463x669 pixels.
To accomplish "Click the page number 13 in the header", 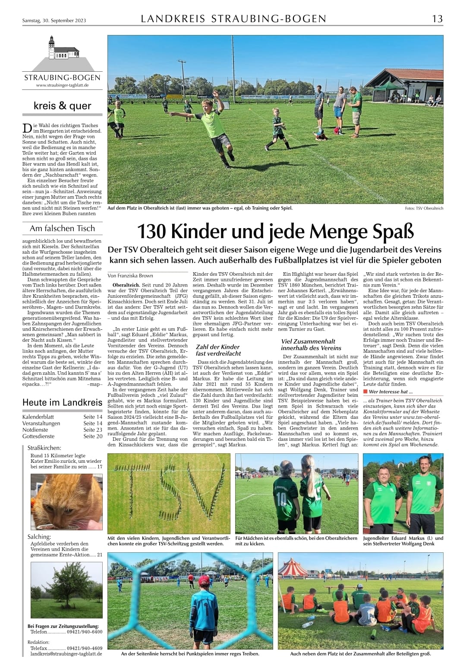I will (x=437, y=19).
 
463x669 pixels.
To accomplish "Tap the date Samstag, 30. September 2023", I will (x=54, y=20).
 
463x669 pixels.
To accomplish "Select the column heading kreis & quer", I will (x=63, y=106).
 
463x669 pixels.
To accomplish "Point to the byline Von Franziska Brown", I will (x=130, y=276).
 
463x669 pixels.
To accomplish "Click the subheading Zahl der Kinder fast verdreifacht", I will (x=218, y=350).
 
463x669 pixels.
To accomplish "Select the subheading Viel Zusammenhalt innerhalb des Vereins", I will (x=311, y=344).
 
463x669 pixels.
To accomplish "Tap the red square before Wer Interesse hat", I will (x=365, y=392).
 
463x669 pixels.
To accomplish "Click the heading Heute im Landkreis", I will (x=62, y=402).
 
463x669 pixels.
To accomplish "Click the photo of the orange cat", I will (x=66, y=501).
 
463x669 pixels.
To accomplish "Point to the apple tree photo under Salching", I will (x=66, y=590).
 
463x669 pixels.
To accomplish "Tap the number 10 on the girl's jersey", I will (x=281, y=500).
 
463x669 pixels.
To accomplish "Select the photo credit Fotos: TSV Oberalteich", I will (x=424, y=208).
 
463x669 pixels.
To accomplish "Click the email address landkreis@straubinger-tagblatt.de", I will (x=66, y=654).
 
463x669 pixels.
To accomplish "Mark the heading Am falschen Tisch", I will (x=62, y=228).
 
